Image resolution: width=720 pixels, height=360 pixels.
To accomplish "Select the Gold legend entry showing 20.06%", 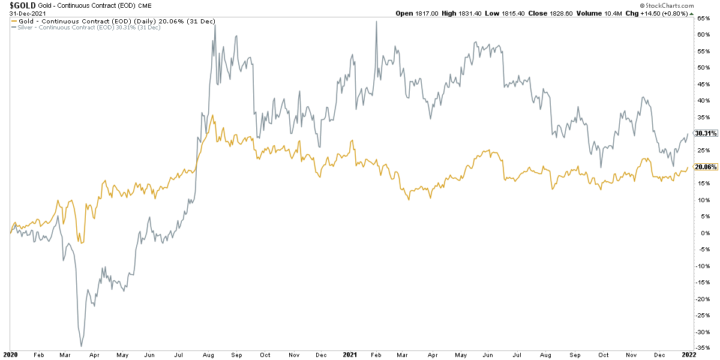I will click(x=114, y=21).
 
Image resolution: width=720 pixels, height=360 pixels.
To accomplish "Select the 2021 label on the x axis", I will click(x=350, y=355).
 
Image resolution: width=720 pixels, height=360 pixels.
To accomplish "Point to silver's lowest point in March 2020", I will click(x=81, y=346).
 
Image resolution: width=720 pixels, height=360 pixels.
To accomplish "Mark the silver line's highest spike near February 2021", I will click(x=376, y=22).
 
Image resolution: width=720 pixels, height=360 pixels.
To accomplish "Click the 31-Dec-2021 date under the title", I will click(x=19, y=13).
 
